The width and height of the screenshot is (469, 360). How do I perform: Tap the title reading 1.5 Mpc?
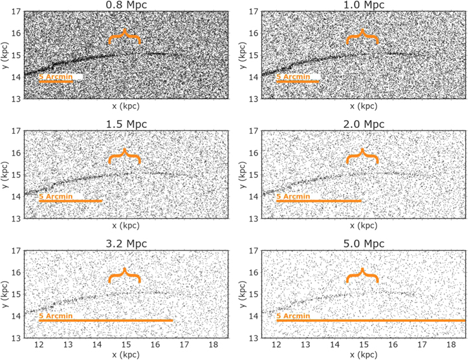(125, 124)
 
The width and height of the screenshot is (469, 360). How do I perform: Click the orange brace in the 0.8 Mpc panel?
(125, 37)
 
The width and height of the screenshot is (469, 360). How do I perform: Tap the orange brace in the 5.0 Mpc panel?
(362, 276)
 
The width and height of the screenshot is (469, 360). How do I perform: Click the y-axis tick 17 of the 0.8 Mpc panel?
(16, 11)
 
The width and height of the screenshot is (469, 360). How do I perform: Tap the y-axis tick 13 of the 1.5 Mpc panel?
(16, 218)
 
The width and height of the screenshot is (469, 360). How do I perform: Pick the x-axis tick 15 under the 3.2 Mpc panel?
(125, 345)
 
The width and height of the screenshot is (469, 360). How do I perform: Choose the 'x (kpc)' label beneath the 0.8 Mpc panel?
(125, 106)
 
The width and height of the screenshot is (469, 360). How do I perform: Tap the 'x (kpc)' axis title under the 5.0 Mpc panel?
(363, 355)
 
